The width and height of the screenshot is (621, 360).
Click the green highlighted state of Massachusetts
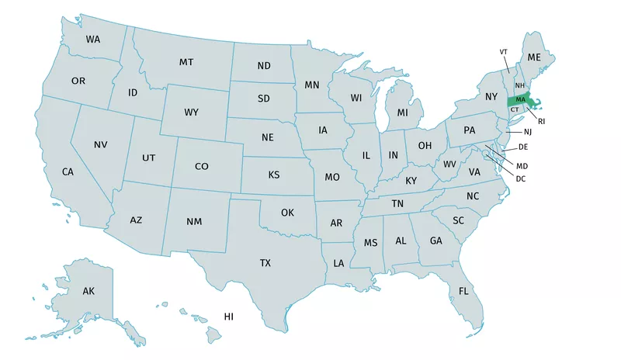pos(519,101)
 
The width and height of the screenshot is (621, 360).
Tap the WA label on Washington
pos(93,39)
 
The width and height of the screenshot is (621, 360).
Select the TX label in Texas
pos(265,264)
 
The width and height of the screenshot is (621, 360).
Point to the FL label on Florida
pos(463,292)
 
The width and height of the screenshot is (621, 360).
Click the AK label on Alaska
pos(88,292)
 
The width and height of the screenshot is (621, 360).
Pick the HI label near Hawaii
pos(229,317)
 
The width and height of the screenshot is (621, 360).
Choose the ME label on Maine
pos(534,57)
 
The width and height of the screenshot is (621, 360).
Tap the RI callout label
pos(542,121)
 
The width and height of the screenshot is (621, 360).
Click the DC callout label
pos(521,179)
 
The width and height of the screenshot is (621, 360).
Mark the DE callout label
pos(523,147)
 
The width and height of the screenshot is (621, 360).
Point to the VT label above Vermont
pos(503,51)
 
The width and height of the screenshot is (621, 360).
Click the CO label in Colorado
pos(202,166)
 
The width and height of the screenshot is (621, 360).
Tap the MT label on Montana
pos(186,62)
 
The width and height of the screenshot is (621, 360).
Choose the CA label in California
pos(68,171)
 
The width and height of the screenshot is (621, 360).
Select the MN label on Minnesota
pos(312,85)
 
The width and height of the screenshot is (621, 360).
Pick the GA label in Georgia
pos(436,241)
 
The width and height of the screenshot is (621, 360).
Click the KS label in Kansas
pos(274,175)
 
